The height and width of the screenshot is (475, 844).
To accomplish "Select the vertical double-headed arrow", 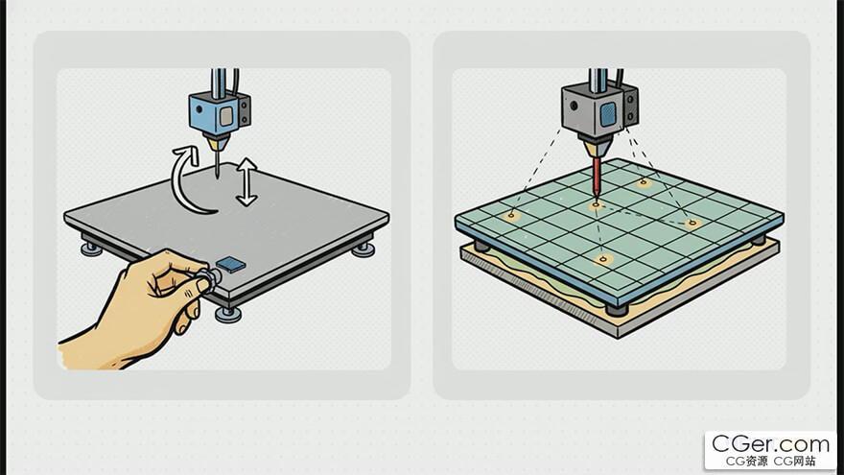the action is click(x=246, y=182).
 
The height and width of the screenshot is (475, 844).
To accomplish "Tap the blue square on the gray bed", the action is click(x=230, y=264).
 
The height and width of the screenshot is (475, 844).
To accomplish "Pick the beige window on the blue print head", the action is click(x=226, y=115).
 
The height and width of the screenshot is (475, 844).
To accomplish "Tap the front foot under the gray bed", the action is click(x=227, y=314).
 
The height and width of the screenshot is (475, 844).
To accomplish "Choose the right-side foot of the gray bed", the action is click(x=363, y=249).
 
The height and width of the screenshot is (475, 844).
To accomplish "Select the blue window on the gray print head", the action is click(x=608, y=114).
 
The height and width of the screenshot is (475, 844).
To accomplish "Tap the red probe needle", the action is click(x=597, y=177).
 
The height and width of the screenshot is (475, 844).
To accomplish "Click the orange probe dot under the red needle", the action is click(x=596, y=205).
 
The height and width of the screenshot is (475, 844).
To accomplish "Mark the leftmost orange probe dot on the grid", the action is click(x=511, y=217).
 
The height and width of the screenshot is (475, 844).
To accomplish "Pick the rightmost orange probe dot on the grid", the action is click(x=692, y=223).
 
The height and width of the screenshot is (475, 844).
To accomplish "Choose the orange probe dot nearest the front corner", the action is click(x=603, y=260).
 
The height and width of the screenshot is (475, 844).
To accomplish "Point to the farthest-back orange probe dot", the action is click(x=644, y=183).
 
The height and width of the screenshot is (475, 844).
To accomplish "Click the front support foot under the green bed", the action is click(x=617, y=310).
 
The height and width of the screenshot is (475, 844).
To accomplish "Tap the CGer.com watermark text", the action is click(x=770, y=444).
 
